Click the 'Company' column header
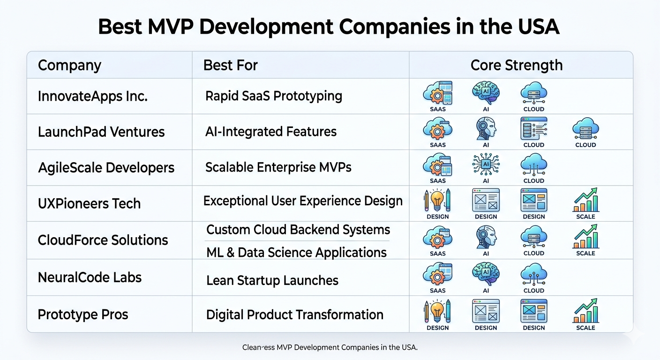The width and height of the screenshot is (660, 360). (x=69, y=66)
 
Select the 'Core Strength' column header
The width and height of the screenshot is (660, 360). (x=517, y=65)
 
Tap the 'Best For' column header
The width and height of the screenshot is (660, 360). (x=231, y=65)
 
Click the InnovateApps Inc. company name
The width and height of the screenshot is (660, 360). (x=92, y=96)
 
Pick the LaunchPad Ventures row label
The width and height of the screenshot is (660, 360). (x=101, y=132)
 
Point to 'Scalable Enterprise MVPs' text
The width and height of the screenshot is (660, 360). (x=278, y=167)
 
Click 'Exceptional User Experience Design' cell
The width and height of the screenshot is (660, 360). (x=303, y=201)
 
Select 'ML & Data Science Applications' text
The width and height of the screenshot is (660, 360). (x=296, y=253)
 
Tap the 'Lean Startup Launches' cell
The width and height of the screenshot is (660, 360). (x=272, y=280)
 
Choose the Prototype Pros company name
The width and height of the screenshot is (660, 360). (x=83, y=315)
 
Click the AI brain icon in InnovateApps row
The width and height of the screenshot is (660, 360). (x=486, y=93)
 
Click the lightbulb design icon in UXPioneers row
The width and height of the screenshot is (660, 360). (x=437, y=200)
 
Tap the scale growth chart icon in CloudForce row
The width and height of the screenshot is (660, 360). (x=586, y=236)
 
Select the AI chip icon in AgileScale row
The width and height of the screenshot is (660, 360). (x=486, y=165)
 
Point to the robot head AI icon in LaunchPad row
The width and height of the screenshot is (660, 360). (x=486, y=128)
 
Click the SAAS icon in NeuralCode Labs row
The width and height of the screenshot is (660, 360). (x=437, y=274)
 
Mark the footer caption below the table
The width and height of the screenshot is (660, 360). (x=330, y=347)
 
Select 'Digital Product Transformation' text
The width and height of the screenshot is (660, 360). (x=295, y=315)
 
